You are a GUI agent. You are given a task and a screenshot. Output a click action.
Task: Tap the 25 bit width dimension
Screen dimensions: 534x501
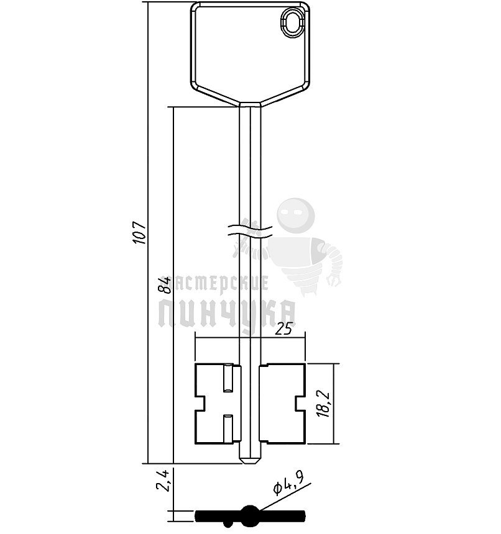(x=283, y=330)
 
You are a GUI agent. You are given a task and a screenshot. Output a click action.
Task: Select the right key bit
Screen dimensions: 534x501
(x=283, y=404)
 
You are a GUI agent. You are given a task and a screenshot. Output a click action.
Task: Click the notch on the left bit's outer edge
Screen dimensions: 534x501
(x=200, y=404)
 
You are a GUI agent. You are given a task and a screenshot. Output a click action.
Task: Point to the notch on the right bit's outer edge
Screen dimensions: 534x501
(x=300, y=404)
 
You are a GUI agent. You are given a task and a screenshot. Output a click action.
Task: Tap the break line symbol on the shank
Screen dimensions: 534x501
(x=250, y=230)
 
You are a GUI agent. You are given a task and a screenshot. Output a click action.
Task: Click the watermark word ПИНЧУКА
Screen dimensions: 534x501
(x=227, y=314)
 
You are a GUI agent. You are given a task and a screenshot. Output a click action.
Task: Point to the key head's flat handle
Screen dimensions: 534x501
(x=249, y=50)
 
